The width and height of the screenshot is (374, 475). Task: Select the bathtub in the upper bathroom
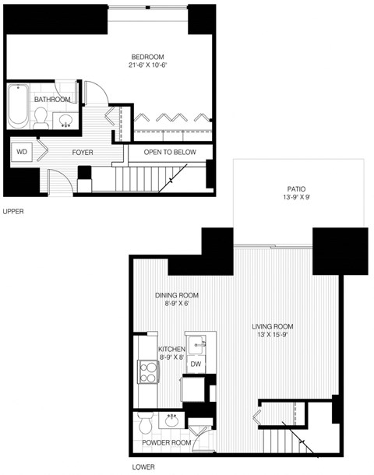click(18, 107)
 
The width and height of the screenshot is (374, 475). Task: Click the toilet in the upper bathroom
click(41, 118)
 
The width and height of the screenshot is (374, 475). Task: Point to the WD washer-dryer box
click(21, 152)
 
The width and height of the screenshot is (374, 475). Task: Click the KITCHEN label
click(171, 349)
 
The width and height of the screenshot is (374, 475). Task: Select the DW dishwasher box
click(196, 364)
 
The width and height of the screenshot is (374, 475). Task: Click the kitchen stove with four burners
click(146, 372)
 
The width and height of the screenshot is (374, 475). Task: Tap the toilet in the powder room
click(145, 424)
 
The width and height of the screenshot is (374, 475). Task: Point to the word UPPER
click(14, 211)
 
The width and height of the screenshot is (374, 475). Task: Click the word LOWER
click(143, 466)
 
